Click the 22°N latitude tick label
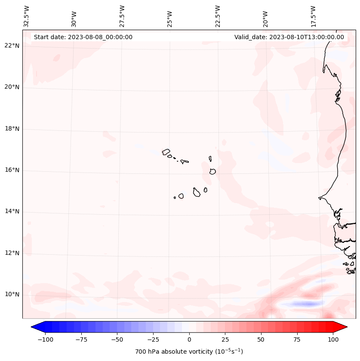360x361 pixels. [x=12, y=46]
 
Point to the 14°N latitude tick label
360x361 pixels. [x=12, y=211]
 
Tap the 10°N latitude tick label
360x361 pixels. [x=12, y=294]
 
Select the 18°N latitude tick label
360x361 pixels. [x=12, y=129]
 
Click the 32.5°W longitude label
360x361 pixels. [x=27, y=16]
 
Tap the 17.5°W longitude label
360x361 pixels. [x=314, y=16]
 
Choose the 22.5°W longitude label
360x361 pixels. [x=218, y=16]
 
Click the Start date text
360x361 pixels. [x=83, y=37]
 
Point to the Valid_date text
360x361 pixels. [x=289, y=37]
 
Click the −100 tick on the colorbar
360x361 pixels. [x=45, y=339]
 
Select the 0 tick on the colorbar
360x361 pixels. [x=189, y=339]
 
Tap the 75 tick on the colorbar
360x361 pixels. [x=297, y=339]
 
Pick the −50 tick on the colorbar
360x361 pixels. [x=117, y=339]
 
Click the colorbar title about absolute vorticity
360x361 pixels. [x=189, y=352]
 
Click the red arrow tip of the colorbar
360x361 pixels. [x=342, y=327]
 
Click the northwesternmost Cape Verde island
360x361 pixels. [x=166, y=151]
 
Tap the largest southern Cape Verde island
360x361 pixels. [x=197, y=192]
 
